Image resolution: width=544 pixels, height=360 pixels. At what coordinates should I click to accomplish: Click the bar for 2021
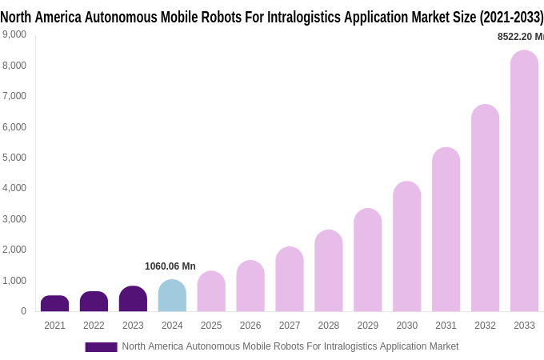54,303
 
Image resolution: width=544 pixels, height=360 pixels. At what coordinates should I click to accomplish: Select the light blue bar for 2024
172,295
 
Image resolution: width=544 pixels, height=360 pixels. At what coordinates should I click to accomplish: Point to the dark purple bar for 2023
133,298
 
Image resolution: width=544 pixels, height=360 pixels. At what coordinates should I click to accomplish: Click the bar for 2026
250,286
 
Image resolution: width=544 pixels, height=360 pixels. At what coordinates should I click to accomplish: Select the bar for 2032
485,208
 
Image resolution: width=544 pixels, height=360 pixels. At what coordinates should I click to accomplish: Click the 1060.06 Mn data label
170,266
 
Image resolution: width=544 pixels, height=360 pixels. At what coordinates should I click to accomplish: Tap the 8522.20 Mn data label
520,37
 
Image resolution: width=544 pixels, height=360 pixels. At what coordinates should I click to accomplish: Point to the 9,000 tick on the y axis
14,34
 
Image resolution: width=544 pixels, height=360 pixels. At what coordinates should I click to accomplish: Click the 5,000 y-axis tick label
14,158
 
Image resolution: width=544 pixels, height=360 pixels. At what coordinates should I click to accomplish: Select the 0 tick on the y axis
23,311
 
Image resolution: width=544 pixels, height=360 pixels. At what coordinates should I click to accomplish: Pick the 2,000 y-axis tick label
14,250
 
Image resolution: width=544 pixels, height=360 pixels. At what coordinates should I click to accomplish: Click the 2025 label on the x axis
211,326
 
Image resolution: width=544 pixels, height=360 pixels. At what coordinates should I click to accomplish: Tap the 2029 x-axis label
368,326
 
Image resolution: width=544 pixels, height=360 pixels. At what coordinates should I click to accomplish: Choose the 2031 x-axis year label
446,326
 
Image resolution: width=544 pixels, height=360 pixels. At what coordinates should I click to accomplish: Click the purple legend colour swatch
101,347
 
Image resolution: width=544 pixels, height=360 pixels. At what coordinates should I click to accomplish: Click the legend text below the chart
290,346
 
